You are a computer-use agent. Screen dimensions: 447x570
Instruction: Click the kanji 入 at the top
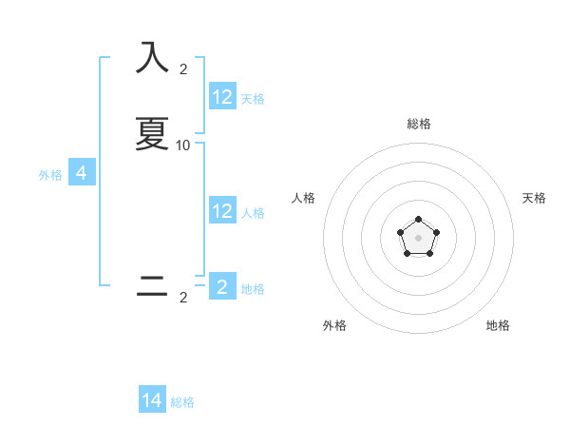(x=153, y=58)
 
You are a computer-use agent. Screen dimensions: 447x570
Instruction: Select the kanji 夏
(x=153, y=134)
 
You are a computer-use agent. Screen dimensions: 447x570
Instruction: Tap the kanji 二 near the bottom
(x=153, y=286)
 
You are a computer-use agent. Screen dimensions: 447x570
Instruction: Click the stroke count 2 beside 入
(x=183, y=68)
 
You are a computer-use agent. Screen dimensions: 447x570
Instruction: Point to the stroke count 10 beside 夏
(x=183, y=145)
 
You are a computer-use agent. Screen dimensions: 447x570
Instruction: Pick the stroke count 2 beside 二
(x=183, y=298)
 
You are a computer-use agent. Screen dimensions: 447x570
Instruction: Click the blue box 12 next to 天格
(x=222, y=97)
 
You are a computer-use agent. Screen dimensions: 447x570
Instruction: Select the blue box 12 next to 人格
(x=222, y=211)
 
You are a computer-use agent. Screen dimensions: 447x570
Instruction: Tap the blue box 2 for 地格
(x=222, y=287)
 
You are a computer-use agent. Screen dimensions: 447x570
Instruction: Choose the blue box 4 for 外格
(x=82, y=173)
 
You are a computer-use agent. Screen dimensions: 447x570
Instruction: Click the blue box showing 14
(x=152, y=400)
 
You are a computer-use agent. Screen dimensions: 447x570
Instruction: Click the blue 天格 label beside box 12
(x=253, y=98)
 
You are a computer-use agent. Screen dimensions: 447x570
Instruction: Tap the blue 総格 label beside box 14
(x=182, y=402)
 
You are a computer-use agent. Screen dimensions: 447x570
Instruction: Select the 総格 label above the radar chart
(x=418, y=124)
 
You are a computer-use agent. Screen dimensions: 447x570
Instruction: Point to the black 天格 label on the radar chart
(x=534, y=198)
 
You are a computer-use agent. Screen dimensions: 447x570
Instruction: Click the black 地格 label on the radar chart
(x=498, y=325)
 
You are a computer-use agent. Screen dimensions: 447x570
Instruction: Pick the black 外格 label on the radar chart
(x=334, y=325)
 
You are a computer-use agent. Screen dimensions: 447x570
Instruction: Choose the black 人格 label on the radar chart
(x=304, y=198)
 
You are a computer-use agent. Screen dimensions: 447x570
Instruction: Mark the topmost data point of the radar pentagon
(x=418, y=220)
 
